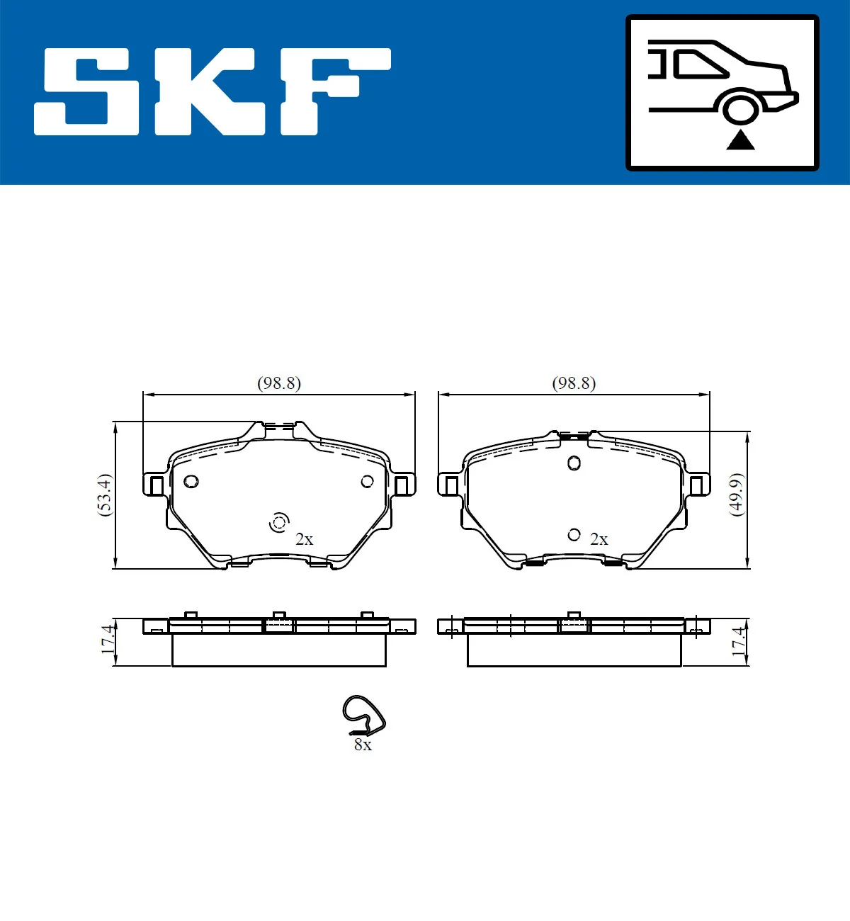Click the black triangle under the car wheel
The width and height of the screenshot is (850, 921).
coord(740,140)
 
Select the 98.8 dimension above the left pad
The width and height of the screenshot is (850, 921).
coord(278,383)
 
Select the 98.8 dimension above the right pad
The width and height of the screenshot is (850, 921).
coord(574,383)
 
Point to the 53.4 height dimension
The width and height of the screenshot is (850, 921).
coord(105,495)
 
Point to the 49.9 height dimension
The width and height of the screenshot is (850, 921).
coord(737,495)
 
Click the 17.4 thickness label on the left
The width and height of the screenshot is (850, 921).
coord(107,640)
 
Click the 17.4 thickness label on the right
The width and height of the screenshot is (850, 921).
coord(738,640)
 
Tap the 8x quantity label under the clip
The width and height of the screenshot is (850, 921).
coord(363,745)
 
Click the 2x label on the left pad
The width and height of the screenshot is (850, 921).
coord(304,539)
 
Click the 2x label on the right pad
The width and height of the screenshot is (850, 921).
coord(599,539)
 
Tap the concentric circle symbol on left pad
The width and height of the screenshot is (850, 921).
coord(279,523)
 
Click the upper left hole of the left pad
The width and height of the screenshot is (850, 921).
coord(191,482)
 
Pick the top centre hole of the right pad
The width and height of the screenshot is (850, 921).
coord(574,463)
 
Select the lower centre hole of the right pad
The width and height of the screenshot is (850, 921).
coord(574,535)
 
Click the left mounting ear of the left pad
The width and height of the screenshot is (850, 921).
coord(155,485)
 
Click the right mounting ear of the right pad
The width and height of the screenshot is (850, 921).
coord(697,485)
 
